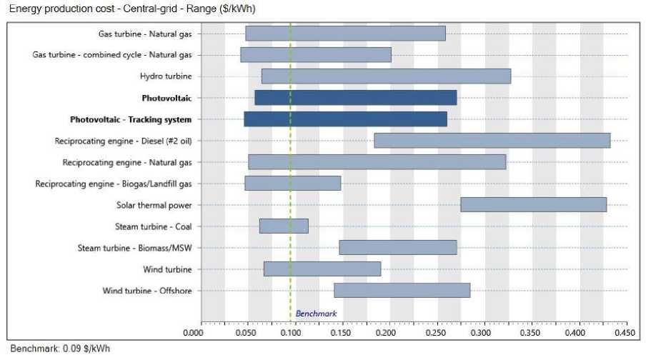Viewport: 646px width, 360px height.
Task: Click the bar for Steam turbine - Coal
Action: [x=284, y=226]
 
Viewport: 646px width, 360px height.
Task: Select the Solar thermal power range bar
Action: [x=533, y=205]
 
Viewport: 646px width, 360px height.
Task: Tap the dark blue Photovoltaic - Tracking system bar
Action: [x=345, y=119]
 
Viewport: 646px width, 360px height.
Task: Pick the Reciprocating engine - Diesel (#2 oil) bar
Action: [x=492, y=141]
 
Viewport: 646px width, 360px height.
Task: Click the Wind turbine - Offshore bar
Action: [x=402, y=291]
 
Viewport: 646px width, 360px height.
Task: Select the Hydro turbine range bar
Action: [x=386, y=76]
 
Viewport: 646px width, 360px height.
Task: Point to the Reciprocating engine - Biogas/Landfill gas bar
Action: [x=292, y=184]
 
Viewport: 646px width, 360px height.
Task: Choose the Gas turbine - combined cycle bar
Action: [x=315, y=55]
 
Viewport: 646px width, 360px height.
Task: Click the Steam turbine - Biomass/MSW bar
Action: [x=398, y=248]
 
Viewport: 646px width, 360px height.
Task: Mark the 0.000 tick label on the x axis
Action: [x=194, y=332]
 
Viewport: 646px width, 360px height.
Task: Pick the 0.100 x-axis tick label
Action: [x=290, y=332]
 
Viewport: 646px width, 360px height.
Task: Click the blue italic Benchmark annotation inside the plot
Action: [x=316, y=314]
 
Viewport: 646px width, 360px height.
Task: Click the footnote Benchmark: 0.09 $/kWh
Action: [x=61, y=349]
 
